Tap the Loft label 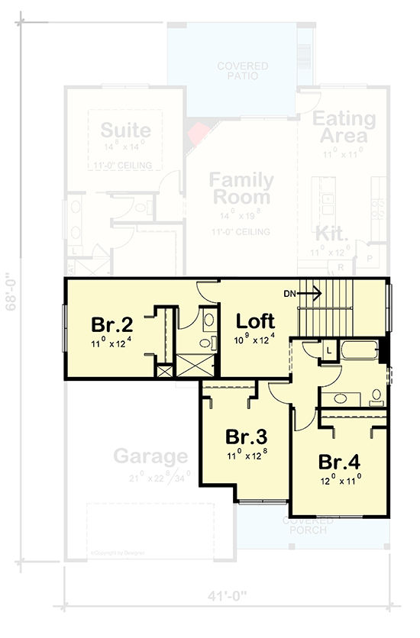(x=255, y=321)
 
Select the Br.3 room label (x=247, y=437)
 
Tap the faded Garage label (x=150, y=456)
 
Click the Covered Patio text (x=242, y=71)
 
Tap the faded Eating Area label (x=344, y=128)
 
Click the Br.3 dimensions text (x=247, y=457)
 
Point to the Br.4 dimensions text (x=341, y=482)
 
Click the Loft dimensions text (x=254, y=340)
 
